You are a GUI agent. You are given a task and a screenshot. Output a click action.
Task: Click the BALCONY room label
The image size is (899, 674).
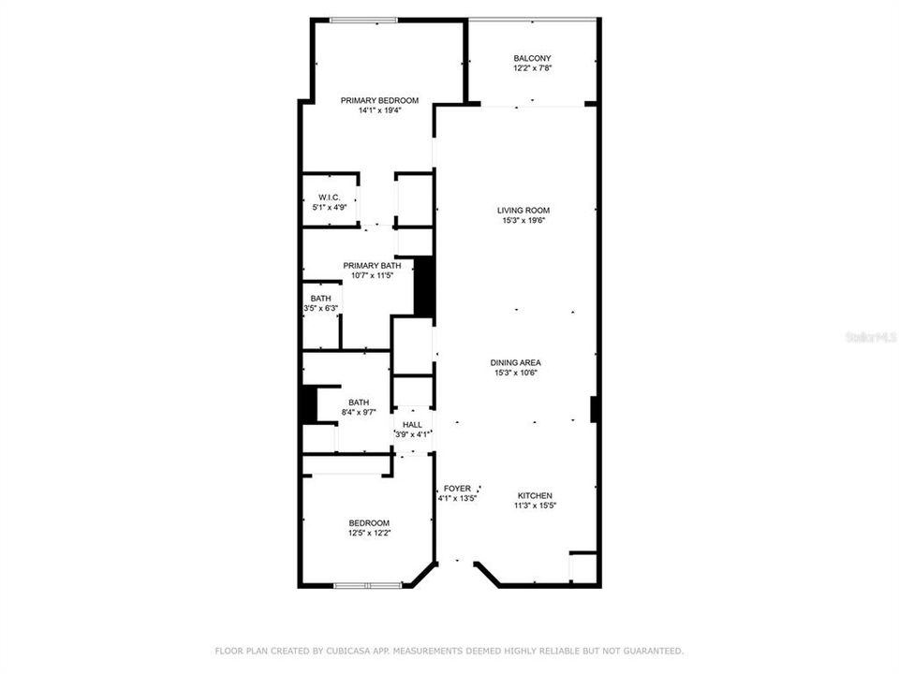tap(532, 58)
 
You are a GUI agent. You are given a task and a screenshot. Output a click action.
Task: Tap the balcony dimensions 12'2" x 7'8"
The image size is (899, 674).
tap(532, 68)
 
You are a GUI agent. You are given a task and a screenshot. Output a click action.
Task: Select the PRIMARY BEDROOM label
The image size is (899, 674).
tap(379, 100)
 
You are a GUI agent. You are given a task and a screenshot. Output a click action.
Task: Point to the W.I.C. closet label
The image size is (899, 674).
tap(328, 197)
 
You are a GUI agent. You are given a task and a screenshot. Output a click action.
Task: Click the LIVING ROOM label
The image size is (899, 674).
tap(523, 211)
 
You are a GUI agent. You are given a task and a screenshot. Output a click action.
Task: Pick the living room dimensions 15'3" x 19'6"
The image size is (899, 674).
tap(523, 221)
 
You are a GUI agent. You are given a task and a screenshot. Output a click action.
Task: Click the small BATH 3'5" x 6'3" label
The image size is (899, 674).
tap(320, 299)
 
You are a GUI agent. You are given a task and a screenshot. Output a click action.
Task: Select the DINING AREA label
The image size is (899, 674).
tap(516, 362)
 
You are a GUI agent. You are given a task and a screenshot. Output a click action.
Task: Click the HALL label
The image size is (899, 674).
tap(412, 424)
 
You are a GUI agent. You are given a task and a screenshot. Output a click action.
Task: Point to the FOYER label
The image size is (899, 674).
tap(457, 489)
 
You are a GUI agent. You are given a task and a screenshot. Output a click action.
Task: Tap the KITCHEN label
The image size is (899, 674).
tap(535, 495)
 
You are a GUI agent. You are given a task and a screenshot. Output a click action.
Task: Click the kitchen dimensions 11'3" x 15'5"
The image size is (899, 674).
tap(535, 506)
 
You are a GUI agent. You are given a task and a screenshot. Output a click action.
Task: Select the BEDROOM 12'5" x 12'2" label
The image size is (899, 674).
tap(369, 523)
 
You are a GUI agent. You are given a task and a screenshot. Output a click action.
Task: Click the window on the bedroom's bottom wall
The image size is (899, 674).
tap(369, 586)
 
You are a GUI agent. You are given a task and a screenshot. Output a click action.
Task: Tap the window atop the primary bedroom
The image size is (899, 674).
tap(362, 21)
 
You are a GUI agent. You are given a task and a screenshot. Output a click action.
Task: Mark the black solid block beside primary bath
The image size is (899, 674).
tap(423, 286)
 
